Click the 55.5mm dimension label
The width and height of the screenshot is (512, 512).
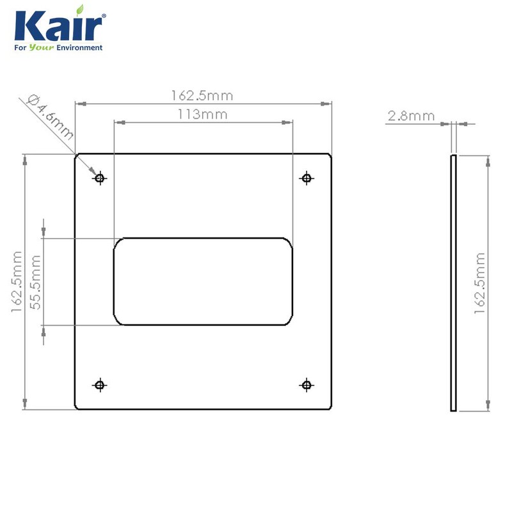pos(36,282)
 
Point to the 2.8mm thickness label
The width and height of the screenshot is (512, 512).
pos(411,116)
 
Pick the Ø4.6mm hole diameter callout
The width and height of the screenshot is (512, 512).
pos(51,117)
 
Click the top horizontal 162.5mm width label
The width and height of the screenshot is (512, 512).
pos(202,96)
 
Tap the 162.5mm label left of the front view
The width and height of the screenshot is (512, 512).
pos(17,282)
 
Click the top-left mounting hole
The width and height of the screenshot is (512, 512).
pos(99,178)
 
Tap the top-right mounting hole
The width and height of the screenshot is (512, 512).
pos(307,178)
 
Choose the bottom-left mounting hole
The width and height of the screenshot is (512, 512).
pos(99,385)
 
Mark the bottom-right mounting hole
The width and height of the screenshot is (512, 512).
pos(307,385)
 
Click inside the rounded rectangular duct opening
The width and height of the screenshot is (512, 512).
pos(203,282)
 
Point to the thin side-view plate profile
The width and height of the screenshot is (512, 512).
pos(453,282)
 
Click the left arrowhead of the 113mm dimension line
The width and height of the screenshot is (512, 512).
pos(117,122)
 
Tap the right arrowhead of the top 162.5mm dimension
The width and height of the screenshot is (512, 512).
pos(329,103)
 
